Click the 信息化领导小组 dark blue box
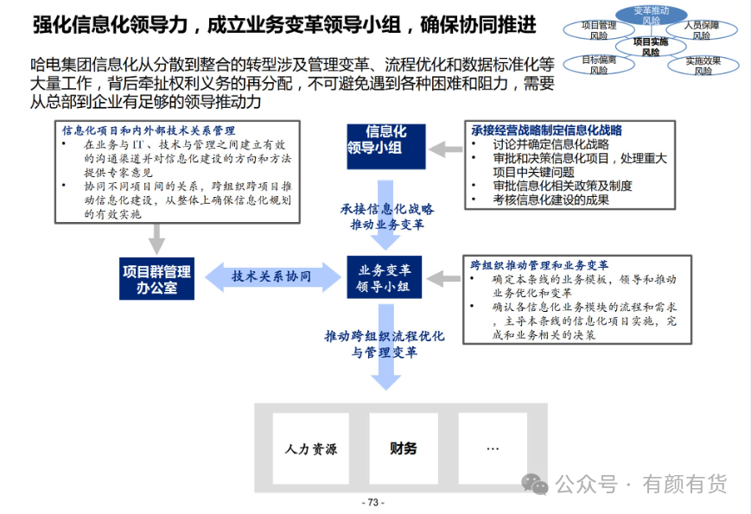pyautogui.click(x=386, y=147)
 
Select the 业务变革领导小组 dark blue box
pyautogui.click(x=384, y=277)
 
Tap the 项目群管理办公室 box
pyautogui.click(x=156, y=279)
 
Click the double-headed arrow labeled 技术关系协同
pyautogui.click(x=273, y=276)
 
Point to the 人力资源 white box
pyautogui.click(x=311, y=448)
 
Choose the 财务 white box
pyautogui.click(x=404, y=448)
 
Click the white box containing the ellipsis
pyautogui.click(x=493, y=448)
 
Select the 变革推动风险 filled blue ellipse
pyautogui.click(x=651, y=15)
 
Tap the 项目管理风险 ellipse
pyautogui.click(x=599, y=30)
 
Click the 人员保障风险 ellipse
pyautogui.click(x=702, y=29)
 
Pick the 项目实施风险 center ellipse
pyautogui.click(x=651, y=47)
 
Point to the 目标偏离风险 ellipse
pyautogui.click(x=599, y=65)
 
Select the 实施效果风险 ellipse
pyautogui.click(x=703, y=66)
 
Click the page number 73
pyautogui.click(x=373, y=503)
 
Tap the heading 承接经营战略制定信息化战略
pyautogui.click(x=546, y=130)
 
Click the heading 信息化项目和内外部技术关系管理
pyautogui.click(x=149, y=130)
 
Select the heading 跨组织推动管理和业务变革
pyautogui.click(x=539, y=265)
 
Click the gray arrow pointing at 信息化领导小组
pyautogui.click(x=445, y=149)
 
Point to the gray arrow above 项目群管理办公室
pyautogui.click(x=156, y=239)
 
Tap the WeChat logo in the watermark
pyautogui.click(x=534, y=484)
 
